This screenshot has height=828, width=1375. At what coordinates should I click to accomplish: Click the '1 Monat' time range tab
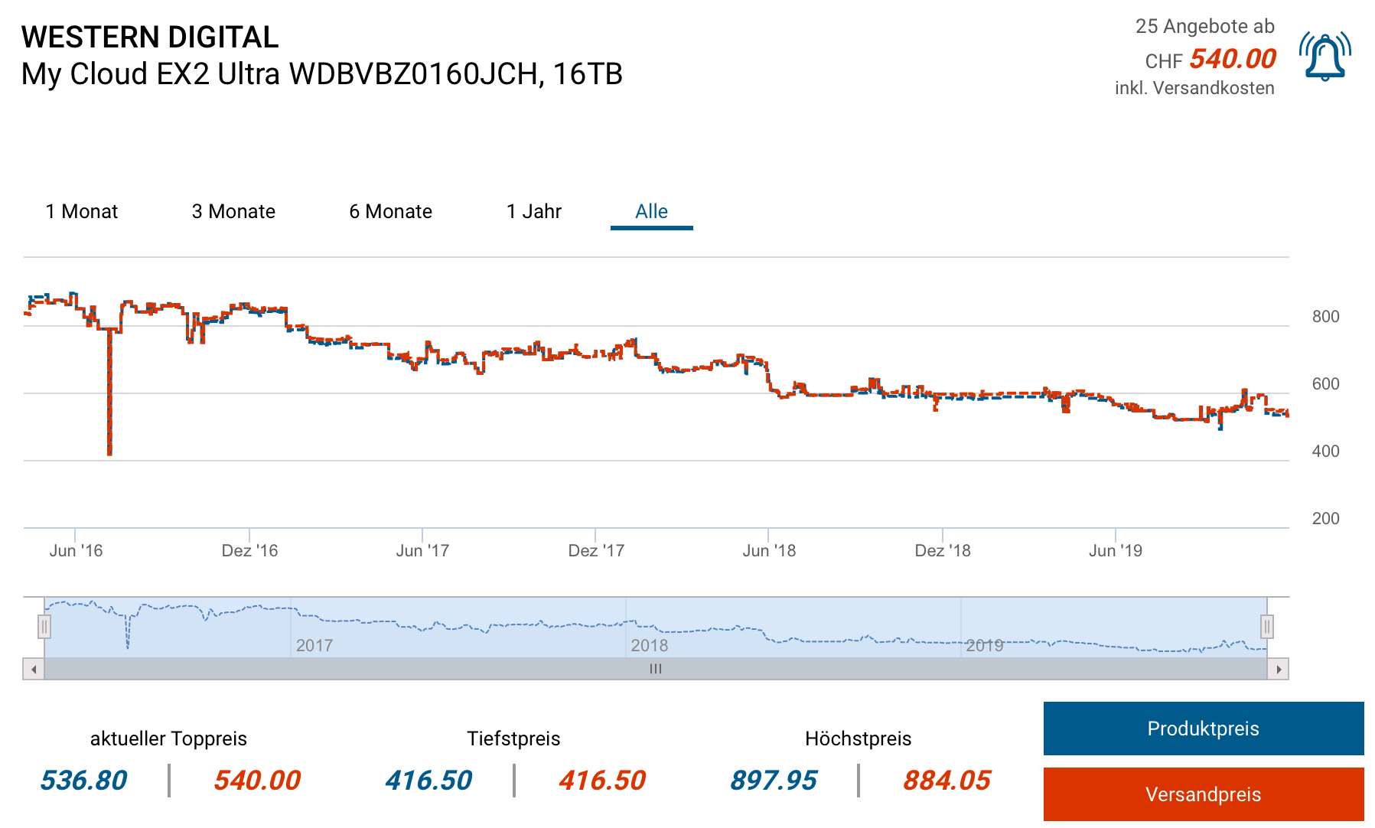[x=82, y=211]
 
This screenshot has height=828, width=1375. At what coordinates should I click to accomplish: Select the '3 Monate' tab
[x=233, y=211]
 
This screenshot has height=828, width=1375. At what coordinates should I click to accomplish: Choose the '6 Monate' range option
[x=390, y=211]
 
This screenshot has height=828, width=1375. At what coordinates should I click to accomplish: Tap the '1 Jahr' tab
[x=534, y=211]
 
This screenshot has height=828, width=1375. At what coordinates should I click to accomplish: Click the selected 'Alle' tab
[x=651, y=211]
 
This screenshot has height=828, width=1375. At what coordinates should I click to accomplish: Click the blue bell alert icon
[x=1324, y=57]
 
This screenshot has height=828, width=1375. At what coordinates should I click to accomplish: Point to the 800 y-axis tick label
[x=1325, y=317]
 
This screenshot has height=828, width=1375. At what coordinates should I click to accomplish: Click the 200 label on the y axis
[x=1325, y=519]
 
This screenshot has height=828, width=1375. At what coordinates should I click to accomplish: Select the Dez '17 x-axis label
[x=596, y=551]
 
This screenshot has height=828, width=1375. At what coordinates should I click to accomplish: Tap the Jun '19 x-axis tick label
[x=1115, y=551]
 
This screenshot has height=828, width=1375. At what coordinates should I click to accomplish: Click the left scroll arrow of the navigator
[x=34, y=669]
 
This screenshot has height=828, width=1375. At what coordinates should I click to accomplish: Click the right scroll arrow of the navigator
[x=1279, y=669]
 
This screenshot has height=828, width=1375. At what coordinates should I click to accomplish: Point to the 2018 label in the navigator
[x=649, y=646]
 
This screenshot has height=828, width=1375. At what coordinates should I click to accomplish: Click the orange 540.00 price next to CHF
[x=1233, y=59]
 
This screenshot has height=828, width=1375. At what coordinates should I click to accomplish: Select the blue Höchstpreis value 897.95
[x=773, y=781]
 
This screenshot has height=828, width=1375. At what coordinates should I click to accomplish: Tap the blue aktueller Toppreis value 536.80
[x=83, y=781]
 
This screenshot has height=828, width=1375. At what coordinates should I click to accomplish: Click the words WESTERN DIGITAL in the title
[x=150, y=37]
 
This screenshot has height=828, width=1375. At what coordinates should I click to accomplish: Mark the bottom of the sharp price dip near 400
[x=109, y=454]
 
